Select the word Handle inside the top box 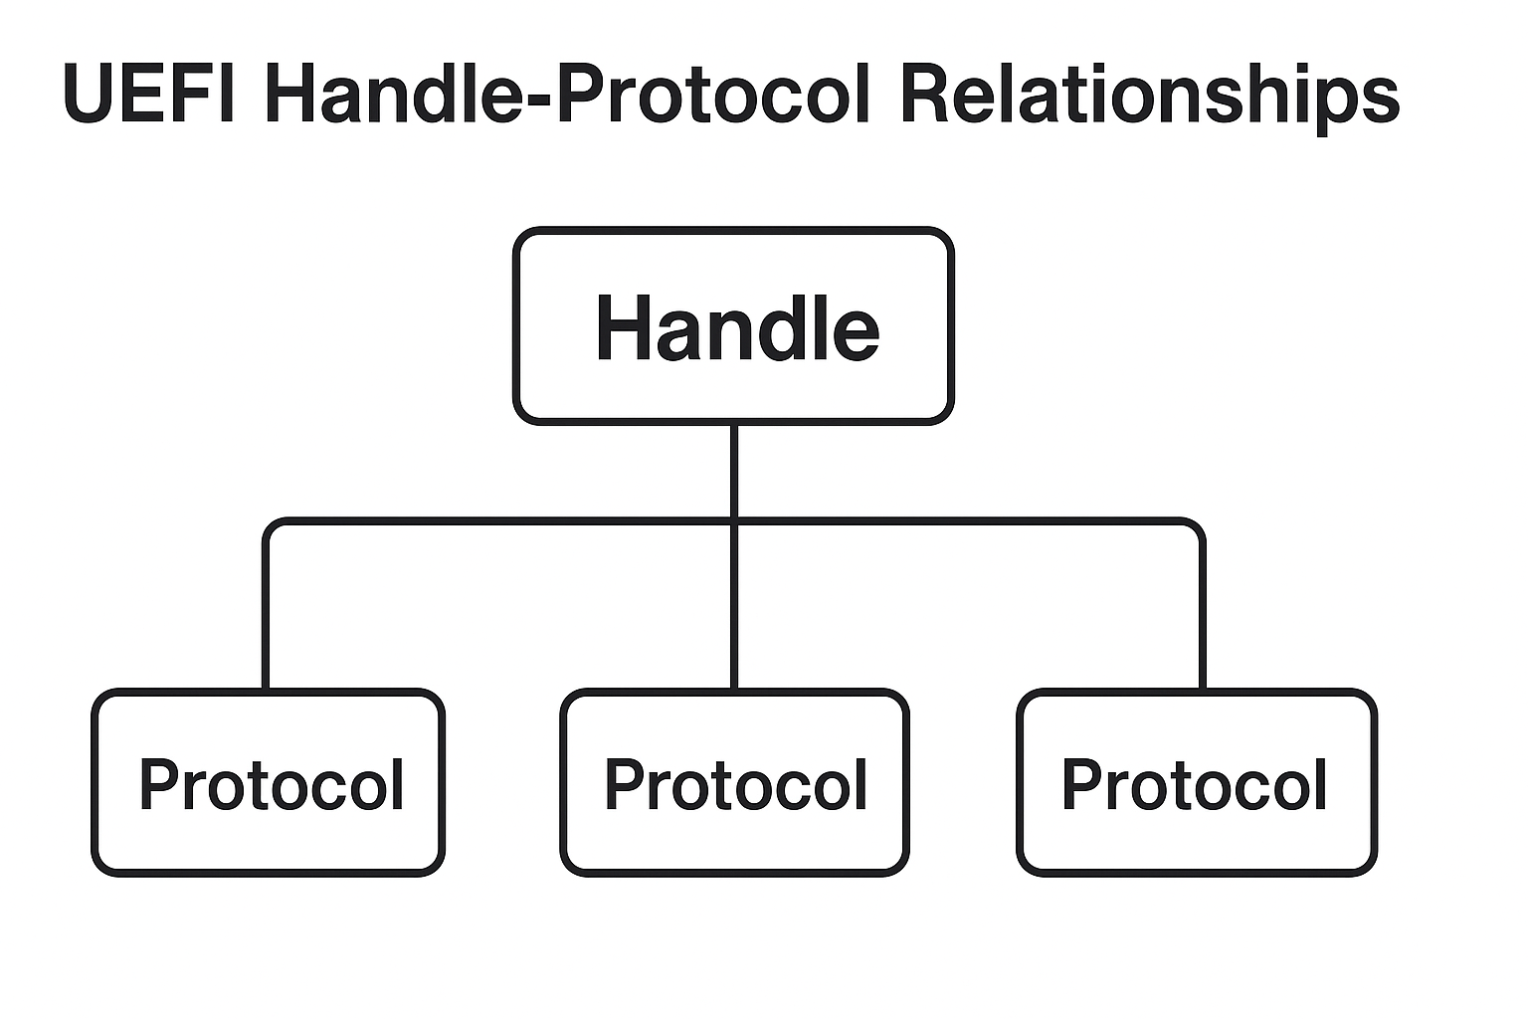pos(736,328)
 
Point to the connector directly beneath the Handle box pos(734,468)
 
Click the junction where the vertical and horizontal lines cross pos(734,520)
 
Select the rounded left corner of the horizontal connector pos(271,525)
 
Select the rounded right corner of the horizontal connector pos(1197,525)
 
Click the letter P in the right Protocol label pos(1082,785)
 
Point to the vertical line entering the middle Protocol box pos(734,617)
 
